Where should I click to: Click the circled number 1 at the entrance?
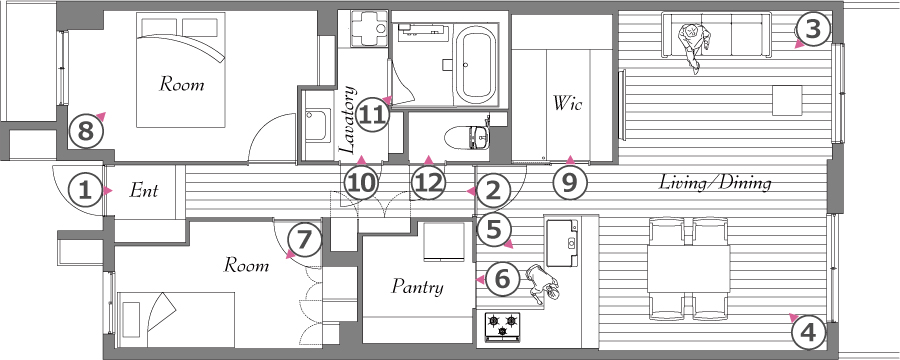click(x=85, y=190)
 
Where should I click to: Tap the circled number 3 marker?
click(x=813, y=30)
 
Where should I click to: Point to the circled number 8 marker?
click(x=85, y=133)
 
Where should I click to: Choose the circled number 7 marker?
click(x=304, y=240)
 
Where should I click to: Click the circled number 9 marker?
click(x=569, y=183)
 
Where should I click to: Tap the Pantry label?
click(x=418, y=286)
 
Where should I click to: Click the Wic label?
click(x=568, y=103)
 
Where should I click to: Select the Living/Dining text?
click(x=714, y=183)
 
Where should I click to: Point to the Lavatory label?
click(x=348, y=120)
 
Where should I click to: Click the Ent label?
click(x=143, y=190)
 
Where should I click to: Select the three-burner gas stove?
click(x=503, y=326)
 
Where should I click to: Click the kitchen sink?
click(x=561, y=241)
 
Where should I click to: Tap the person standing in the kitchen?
click(x=542, y=284)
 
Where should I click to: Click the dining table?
click(x=688, y=269)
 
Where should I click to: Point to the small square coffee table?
click(x=787, y=100)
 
